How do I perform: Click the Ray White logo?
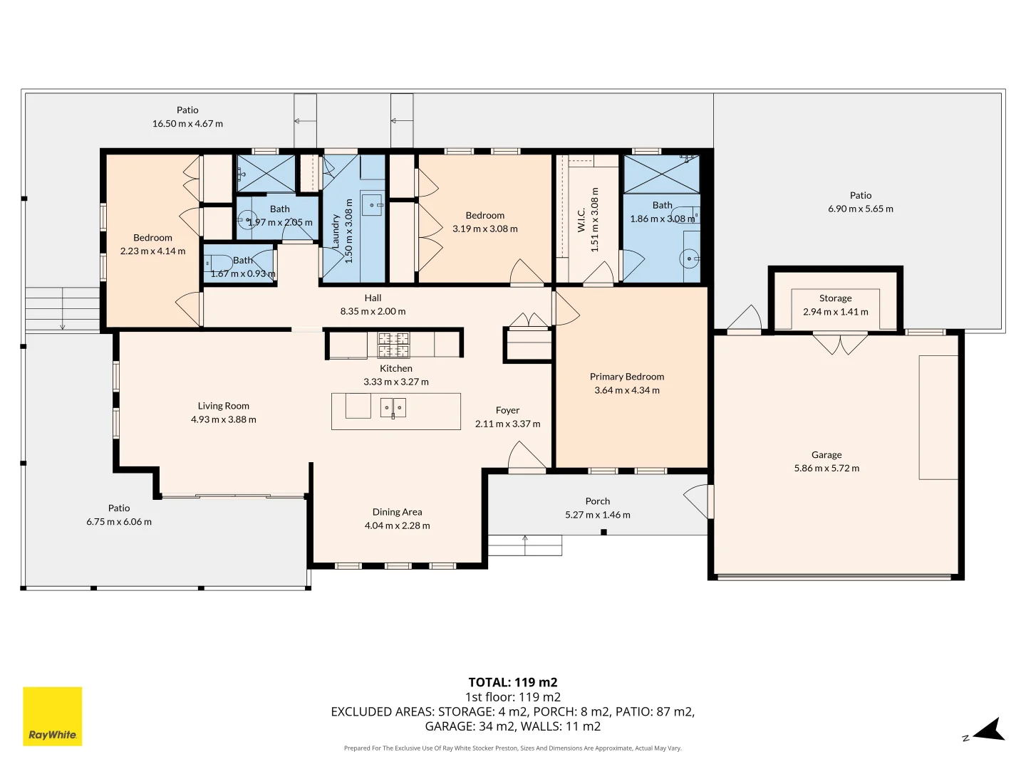click(52, 716)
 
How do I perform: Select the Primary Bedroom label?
click(627, 377)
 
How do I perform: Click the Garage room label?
click(826, 455)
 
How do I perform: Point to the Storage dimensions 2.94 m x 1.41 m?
click(835, 311)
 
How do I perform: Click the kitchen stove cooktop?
click(393, 345)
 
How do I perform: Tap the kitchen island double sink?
click(393, 407)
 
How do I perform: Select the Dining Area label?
click(397, 512)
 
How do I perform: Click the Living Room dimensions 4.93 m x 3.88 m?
click(224, 419)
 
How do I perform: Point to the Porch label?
click(597, 501)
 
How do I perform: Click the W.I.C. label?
click(581, 219)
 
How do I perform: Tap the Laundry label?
click(335, 231)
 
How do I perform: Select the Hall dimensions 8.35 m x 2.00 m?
click(373, 311)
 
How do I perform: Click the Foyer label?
click(507, 410)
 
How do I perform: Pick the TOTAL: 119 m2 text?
click(513, 682)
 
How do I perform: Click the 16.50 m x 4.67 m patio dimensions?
click(187, 123)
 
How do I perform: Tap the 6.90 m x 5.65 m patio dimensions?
click(861, 209)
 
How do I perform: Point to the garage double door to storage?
click(840, 343)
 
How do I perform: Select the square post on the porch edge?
click(603, 532)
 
